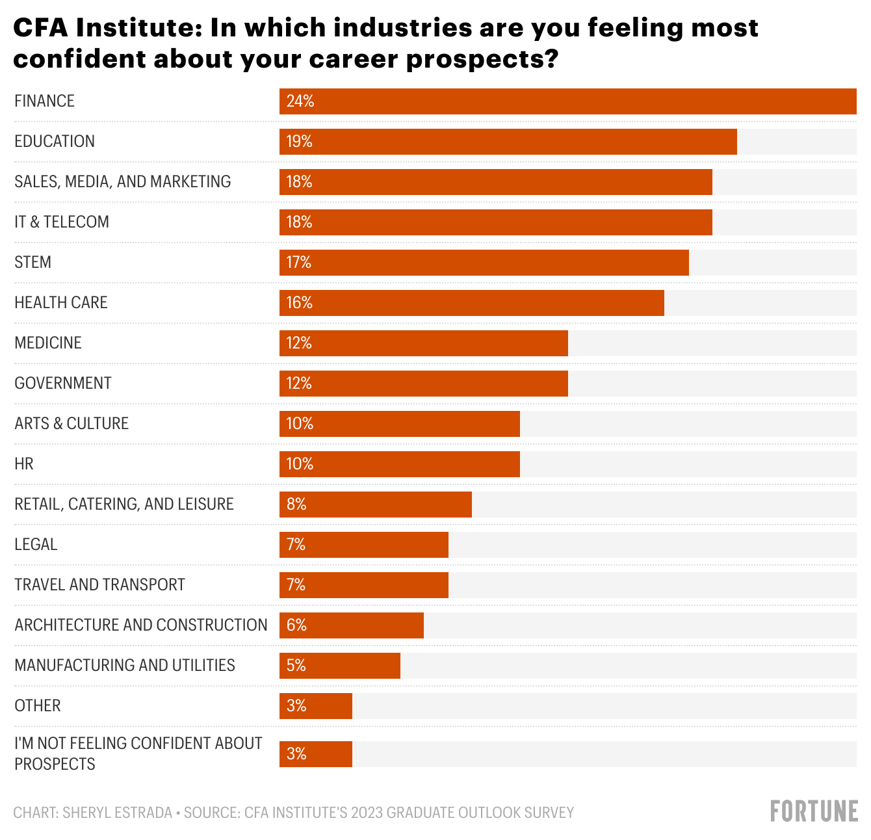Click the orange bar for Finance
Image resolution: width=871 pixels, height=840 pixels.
tap(567, 101)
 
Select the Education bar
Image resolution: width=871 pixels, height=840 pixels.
tap(508, 142)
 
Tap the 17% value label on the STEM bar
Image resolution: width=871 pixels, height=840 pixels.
tap(299, 263)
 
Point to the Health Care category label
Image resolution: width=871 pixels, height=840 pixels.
tap(61, 303)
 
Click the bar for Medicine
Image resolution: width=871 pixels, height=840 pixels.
tap(423, 343)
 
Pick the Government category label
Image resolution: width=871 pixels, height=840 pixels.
tap(63, 384)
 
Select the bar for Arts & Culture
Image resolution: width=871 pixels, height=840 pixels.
tap(399, 424)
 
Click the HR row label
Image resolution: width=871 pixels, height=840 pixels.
tap(24, 464)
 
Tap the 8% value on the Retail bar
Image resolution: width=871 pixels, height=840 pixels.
tap(296, 505)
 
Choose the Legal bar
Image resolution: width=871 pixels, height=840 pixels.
tap(363, 545)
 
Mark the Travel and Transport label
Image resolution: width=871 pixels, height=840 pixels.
tap(99, 585)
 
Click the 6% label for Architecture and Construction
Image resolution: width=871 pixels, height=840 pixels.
tap(296, 625)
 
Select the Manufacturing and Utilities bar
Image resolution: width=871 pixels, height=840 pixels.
tap(339, 666)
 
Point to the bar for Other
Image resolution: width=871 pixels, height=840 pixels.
tap(315, 706)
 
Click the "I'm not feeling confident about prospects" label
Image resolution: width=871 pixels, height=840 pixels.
tap(138, 754)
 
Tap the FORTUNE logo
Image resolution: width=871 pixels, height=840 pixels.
tap(814, 811)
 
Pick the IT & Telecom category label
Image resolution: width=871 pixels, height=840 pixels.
tap(62, 222)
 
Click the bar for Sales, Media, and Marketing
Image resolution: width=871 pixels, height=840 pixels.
tap(495, 182)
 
